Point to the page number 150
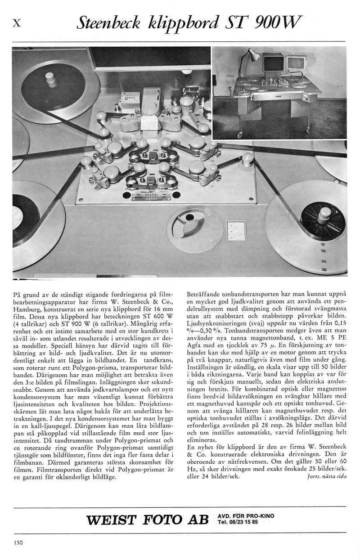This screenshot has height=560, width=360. [18, 542]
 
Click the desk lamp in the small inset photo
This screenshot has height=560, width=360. [248, 56]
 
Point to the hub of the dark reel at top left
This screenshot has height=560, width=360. [50, 81]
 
